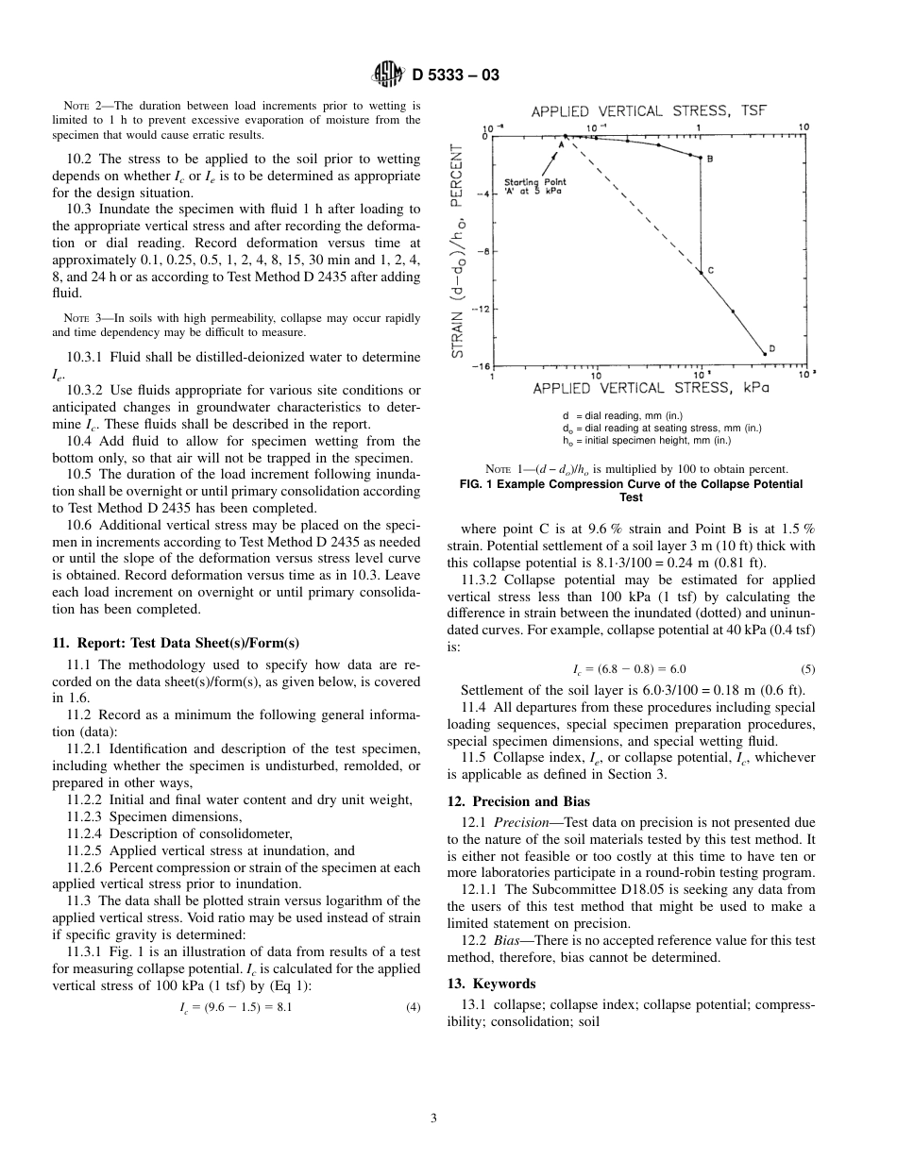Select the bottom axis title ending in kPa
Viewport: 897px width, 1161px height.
point(651,388)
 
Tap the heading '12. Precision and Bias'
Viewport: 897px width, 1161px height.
point(517,801)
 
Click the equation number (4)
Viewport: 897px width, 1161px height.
point(413,1006)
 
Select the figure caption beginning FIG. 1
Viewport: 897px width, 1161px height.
point(631,490)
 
